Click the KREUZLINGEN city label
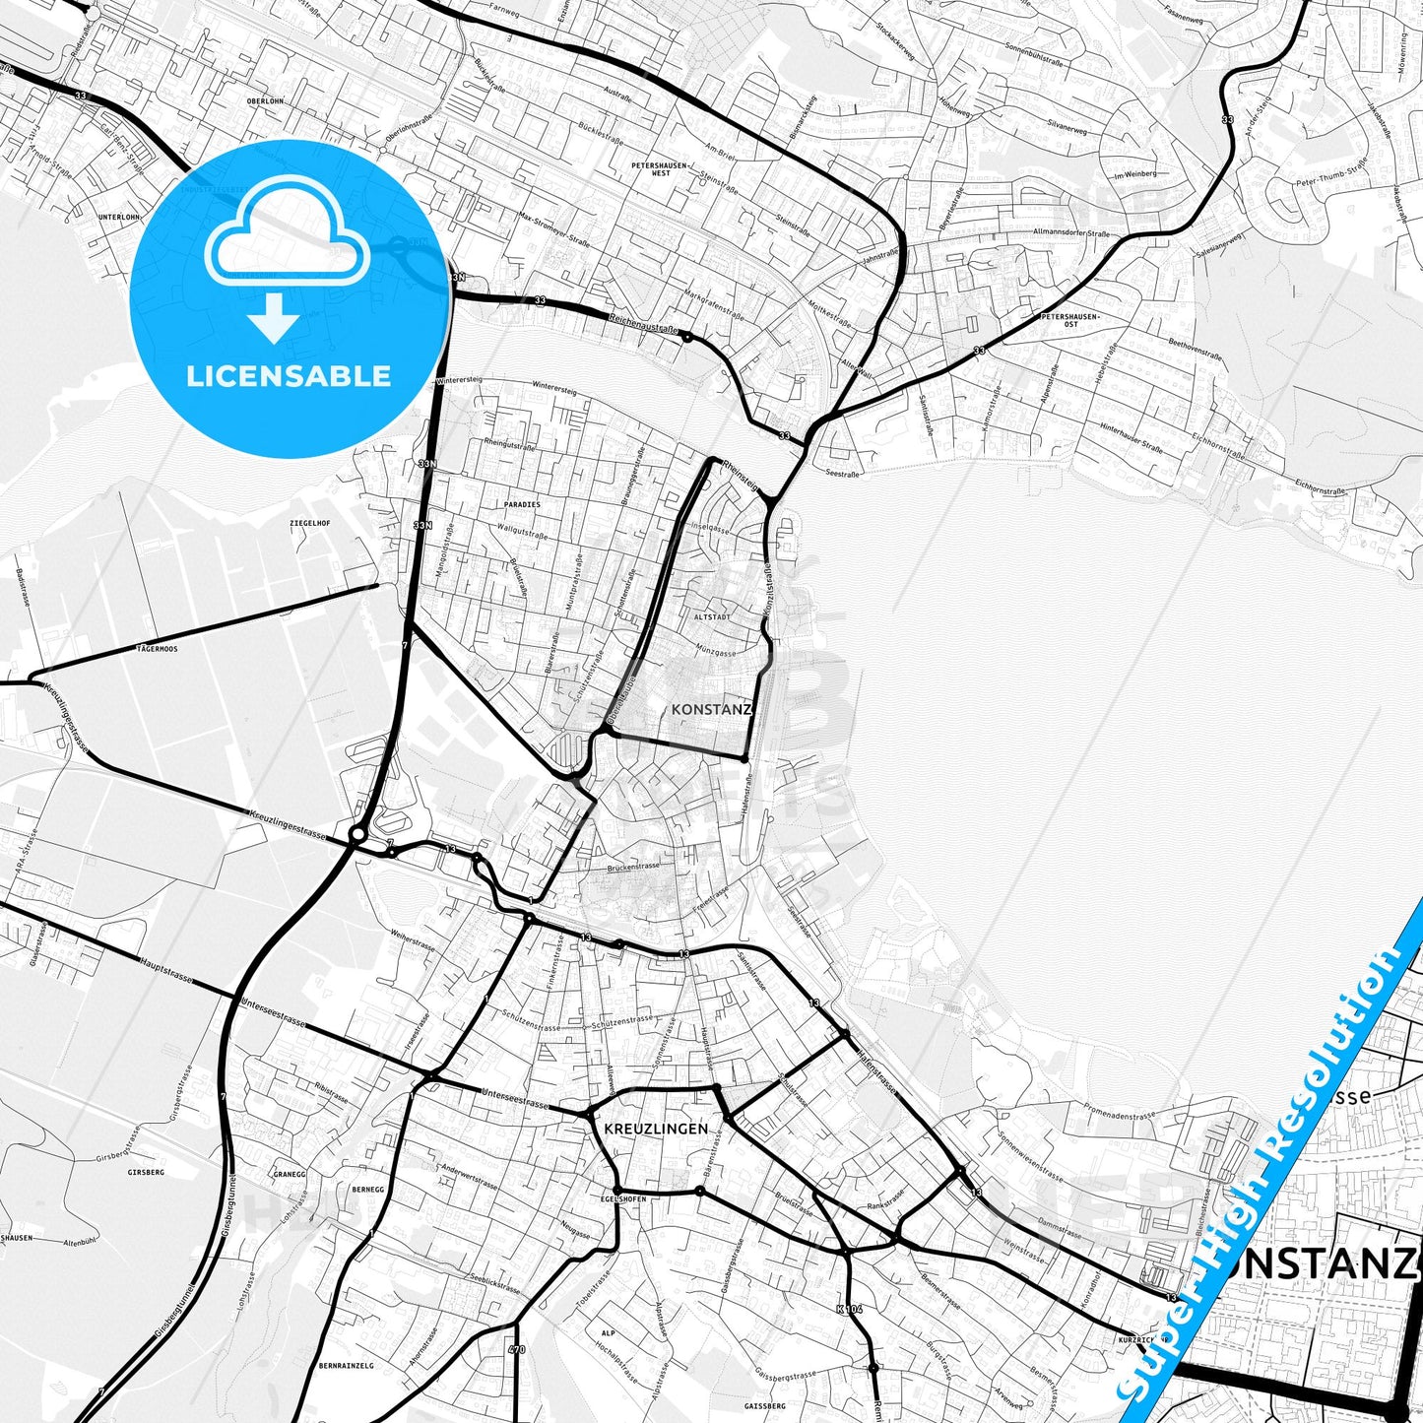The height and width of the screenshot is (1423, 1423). pos(655,1129)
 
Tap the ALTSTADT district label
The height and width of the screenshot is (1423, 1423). pos(712,616)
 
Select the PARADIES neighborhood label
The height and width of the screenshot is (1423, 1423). pos(522,504)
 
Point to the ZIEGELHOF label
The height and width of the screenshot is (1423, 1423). pos(309,524)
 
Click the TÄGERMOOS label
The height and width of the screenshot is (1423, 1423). pos(158,650)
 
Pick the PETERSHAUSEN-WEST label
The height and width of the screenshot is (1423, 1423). pos(661,168)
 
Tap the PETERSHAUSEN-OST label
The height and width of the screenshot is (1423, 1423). pos(1070,320)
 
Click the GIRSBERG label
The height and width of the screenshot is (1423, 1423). pos(146,1173)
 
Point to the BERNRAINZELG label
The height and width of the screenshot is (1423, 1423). pos(346,1366)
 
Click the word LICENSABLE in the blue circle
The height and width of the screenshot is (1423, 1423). pos(289,376)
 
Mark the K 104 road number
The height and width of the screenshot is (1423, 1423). pos(848,1309)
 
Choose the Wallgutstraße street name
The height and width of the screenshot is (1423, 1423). pos(523,533)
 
